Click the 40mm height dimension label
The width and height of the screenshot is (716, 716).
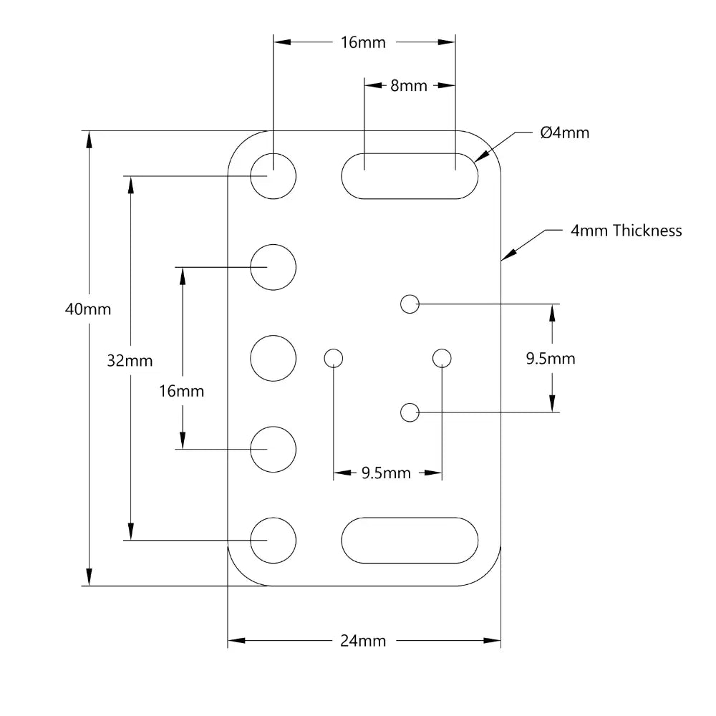click(x=88, y=309)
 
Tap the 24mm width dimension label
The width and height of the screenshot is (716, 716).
click(x=363, y=641)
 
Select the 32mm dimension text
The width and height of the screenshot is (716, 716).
click(x=130, y=361)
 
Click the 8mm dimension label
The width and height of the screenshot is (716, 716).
click(x=409, y=86)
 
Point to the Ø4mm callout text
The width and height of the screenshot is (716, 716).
click(x=565, y=133)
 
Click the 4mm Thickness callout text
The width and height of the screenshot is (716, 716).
click(x=626, y=231)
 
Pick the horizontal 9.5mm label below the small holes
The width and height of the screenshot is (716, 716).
click(x=387, y=473)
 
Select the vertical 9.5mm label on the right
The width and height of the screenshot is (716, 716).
click(x=551, y=359)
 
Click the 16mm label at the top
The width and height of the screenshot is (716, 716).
click(x=363, y=42)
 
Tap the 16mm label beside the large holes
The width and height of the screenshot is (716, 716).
click(x=181, y=392)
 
